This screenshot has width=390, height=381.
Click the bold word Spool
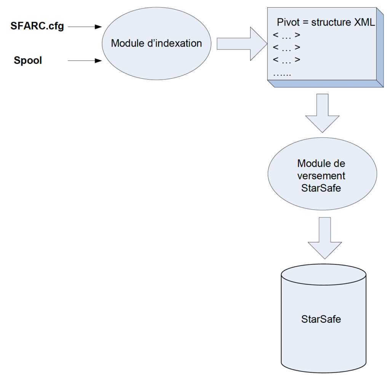pos(27,60)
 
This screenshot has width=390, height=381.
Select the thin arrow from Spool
pos(85,60)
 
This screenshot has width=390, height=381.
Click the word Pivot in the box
pos(288,22)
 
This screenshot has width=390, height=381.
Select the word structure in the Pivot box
pos(331,22)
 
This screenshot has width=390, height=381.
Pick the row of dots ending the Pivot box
pos(282,74)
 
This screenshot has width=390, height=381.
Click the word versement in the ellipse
pos(321,176)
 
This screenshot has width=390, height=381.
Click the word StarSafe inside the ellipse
pos(321,188)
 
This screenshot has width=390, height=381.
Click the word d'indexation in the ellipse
pos(175,43)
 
